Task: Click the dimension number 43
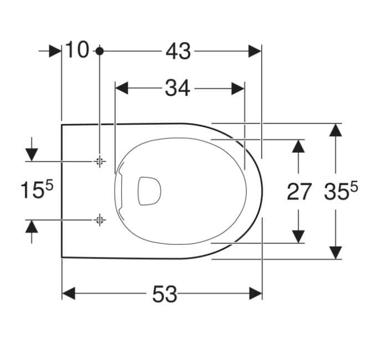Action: click(x=178, y=52)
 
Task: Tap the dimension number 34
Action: click(x=178, y=88)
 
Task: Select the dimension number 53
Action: click(x=164, y=295)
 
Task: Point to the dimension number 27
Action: click(x=299, y=192)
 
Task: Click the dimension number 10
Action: click(x=77, y=50)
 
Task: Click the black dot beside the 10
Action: click(x=100, y=51)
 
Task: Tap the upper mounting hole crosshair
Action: click(x=99, y=161)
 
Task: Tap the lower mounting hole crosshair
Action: click(x=99, y=220)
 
